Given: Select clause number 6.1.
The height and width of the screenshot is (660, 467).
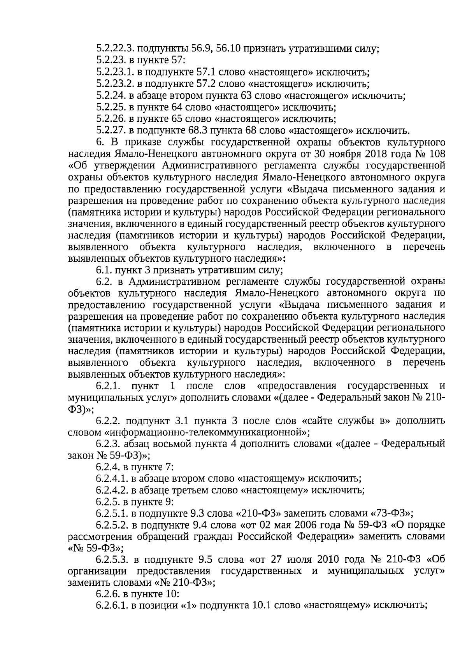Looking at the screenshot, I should point(103,270).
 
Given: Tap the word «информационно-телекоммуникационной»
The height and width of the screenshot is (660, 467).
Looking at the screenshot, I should point(207,432).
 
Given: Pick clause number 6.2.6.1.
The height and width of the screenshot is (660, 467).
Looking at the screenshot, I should point(113,606).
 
